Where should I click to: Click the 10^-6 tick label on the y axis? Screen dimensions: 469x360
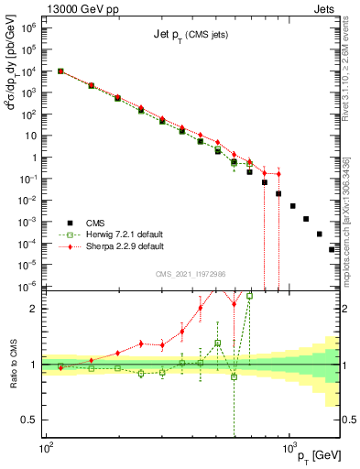coord(28,287)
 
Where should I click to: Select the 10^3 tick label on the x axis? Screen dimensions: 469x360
coord(290,448)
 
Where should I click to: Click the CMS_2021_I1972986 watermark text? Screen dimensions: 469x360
coord(191,273)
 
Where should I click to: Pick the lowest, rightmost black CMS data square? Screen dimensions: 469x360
coord(333,249)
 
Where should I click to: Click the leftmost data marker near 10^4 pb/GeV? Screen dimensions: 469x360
coord(60,71)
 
